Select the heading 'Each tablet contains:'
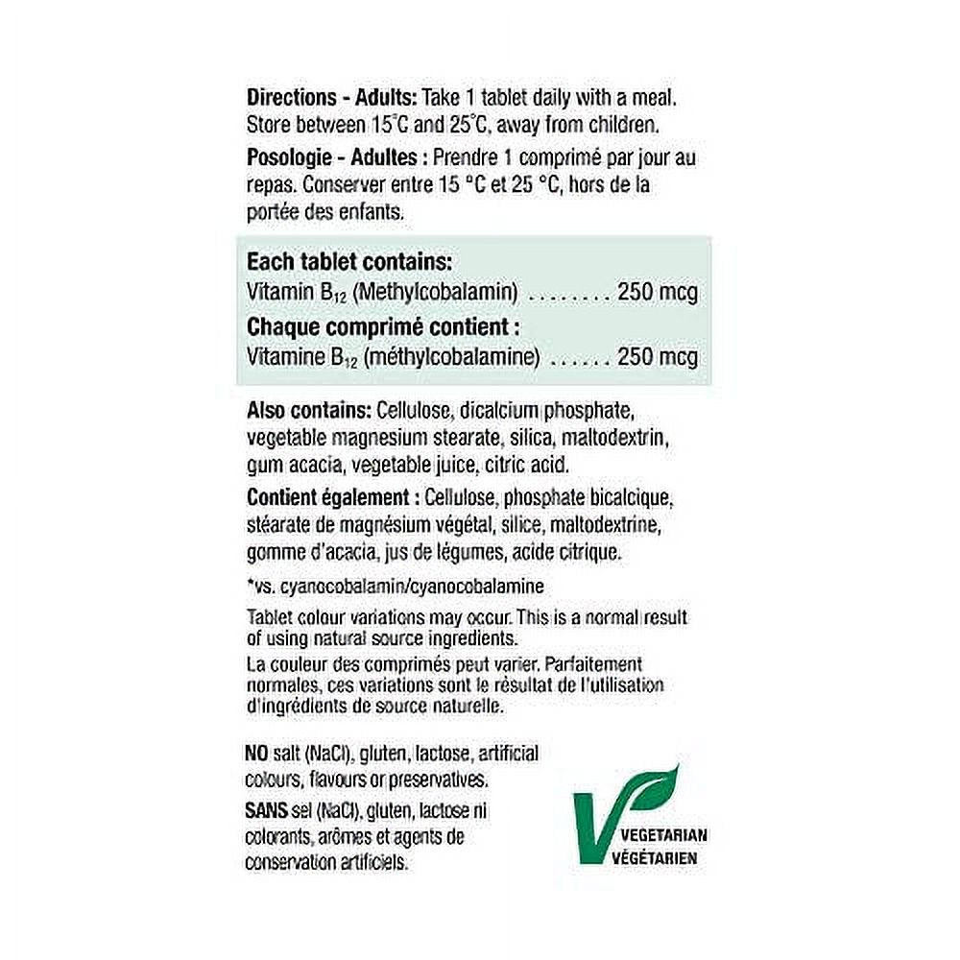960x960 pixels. (349, 262)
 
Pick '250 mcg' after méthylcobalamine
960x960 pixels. (658, 357)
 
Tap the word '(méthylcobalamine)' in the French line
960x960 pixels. (457, 357)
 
